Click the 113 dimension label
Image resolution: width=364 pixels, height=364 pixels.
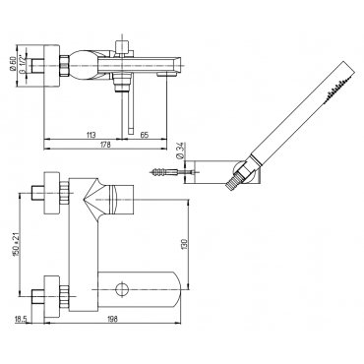point(91,135)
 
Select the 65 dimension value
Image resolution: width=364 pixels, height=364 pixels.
point(145,135)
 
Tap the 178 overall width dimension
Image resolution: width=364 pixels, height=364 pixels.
point(105,145)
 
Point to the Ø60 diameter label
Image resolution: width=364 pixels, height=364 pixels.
point(13,64)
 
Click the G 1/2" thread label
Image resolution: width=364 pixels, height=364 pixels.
point(22,66)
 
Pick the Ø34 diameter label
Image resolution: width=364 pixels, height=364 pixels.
point(179,151)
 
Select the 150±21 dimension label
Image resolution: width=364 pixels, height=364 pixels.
point(15,245)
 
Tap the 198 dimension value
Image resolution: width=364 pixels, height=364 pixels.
point(112,319)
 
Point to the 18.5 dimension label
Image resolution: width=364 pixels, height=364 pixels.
point(21,319)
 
